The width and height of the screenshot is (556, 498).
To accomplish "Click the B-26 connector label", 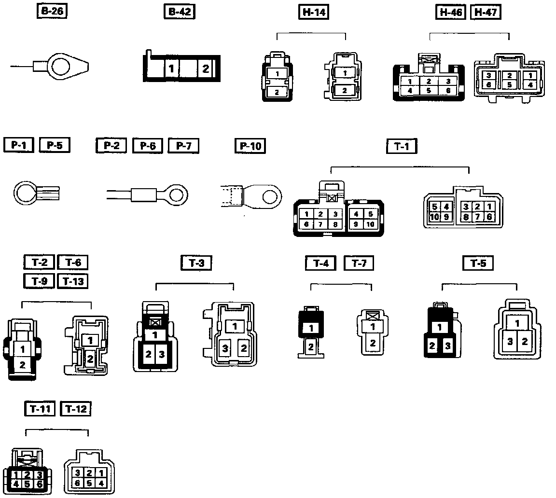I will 52,12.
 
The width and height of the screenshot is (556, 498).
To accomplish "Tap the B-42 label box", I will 179,12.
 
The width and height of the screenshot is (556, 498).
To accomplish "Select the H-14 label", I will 312,12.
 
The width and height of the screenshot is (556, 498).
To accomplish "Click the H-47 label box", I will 486,12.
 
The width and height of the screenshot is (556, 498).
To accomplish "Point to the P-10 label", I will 251,145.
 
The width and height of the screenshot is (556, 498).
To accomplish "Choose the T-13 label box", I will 72,280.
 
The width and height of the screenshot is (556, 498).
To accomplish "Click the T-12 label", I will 76,409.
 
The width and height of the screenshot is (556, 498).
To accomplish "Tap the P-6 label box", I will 148,145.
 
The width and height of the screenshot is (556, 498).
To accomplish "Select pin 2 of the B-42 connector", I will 206,69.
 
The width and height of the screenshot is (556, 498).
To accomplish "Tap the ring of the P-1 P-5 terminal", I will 25,194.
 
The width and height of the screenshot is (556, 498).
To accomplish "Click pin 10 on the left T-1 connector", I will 370,224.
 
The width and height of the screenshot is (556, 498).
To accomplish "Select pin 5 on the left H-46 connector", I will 429,90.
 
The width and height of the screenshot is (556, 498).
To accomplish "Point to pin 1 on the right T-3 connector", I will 235,326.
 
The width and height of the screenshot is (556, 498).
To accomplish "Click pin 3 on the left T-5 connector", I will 447,346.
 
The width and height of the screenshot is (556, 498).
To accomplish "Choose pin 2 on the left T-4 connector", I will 311,346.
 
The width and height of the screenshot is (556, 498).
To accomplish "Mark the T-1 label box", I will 402,146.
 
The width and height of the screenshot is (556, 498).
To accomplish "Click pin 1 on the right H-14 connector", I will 345,72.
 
